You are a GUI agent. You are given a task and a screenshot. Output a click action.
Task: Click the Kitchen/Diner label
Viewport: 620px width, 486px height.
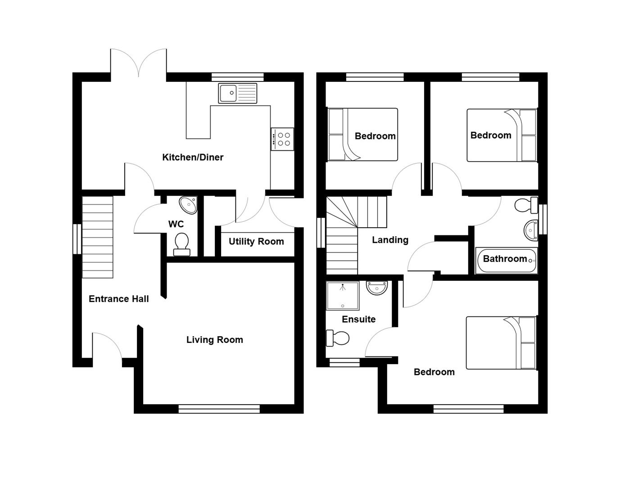[x=193, y=157]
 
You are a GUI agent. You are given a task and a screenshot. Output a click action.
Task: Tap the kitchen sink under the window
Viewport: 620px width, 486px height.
[x=237, y=93]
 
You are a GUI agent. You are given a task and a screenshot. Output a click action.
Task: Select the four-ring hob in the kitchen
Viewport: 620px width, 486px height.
[x=283, y=139]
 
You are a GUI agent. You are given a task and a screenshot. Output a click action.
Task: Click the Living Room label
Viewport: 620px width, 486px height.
[x=214, y=340]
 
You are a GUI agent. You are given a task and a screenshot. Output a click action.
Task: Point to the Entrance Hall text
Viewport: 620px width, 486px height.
[x=118, y=299]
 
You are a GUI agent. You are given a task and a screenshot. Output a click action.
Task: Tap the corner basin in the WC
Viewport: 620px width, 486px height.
[x=189, y=205]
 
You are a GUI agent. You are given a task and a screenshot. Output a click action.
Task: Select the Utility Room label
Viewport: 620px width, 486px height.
[x=256, y=242]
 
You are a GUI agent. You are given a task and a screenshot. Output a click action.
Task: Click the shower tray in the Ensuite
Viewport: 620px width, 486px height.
[x=343, y=296]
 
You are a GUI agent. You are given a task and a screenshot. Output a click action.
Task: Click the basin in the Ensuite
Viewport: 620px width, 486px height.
[x=376, y=288]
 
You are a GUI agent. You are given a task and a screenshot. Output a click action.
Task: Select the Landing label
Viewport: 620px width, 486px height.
[x=390, y=240]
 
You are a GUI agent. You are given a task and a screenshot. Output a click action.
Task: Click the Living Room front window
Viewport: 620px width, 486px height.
[x=219, y=409]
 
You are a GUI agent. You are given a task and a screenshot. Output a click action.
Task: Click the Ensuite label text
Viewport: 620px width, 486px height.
[x=358, y=319]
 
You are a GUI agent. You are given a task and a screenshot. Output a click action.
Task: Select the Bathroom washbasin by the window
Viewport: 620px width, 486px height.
[x=532, y=230]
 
